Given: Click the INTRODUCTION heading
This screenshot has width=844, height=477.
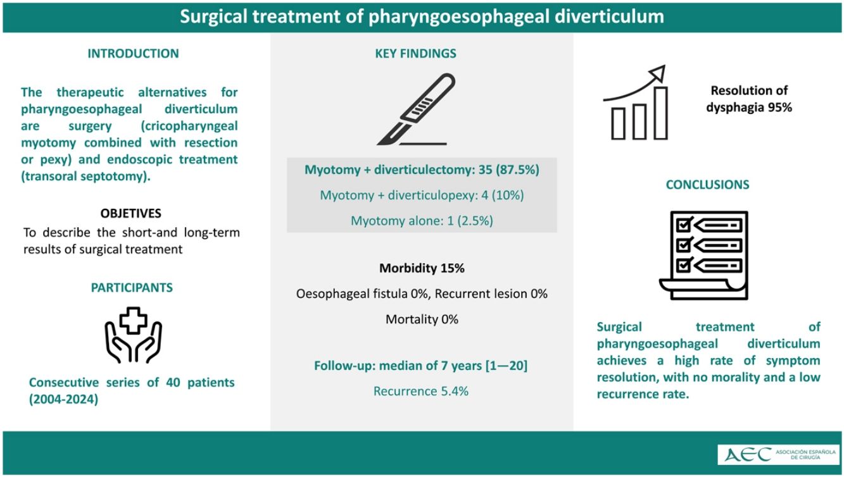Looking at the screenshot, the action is coord(133,54).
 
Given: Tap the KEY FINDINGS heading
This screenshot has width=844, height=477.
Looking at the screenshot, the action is coord(415,54).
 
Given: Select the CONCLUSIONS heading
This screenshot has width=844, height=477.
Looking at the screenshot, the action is coord(707,185).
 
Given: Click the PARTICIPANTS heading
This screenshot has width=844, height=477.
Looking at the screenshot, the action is coord(132,288).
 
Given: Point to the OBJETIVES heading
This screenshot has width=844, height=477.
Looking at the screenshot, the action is coord(130,213).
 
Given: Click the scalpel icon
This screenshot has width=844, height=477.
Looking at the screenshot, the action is coord(416,109).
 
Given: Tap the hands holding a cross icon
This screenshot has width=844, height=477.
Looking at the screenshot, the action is coord(134,335).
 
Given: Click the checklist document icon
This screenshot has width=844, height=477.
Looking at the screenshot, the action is coord(704,255).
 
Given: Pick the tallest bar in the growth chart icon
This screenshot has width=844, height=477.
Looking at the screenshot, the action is coord(661,113).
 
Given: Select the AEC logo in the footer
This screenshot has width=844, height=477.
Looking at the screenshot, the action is coord(779,454).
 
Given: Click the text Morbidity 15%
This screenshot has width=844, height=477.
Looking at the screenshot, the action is coord(422,268).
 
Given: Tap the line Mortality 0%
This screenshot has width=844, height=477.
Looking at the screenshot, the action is coord(422,319).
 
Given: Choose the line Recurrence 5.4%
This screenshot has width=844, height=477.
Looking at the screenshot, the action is coord(421,391).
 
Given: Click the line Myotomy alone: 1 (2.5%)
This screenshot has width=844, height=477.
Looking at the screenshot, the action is coord(422,221).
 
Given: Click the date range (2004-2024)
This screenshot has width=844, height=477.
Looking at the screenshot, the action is coord(64,399).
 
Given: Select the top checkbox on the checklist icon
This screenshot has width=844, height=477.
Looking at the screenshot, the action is coord(683,225).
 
